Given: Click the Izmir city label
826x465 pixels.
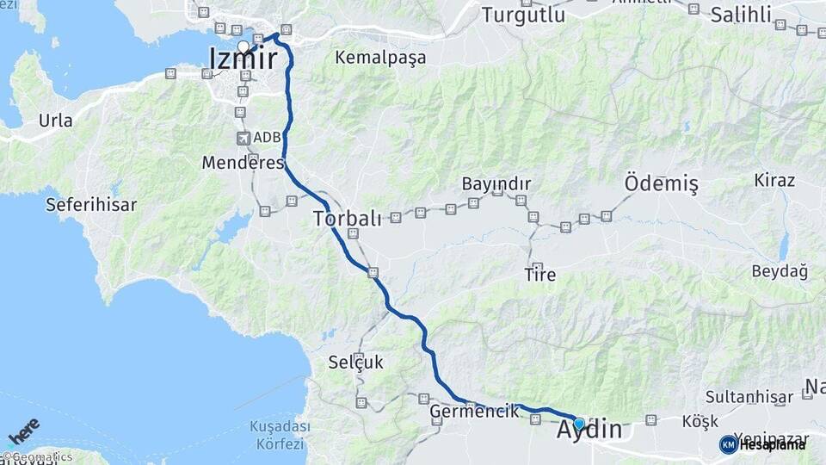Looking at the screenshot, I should [243, 59].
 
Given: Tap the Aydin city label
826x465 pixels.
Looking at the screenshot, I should [589, 430].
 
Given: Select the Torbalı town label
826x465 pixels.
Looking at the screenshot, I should [347, 218].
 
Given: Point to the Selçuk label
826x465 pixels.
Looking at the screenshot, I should [355, 363].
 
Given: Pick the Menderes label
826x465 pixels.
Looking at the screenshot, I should [243, 162].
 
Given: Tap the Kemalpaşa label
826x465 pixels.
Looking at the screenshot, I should [380, 58].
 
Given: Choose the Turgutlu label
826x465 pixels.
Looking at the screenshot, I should [522, 15].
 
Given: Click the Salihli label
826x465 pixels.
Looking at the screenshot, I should [746, 15].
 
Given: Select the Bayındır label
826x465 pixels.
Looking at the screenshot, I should [496, 183].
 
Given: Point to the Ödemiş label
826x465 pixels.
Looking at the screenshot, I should [662, 184].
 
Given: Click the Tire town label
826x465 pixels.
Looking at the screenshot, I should [540, 276].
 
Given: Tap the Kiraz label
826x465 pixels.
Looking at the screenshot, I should [774, 180].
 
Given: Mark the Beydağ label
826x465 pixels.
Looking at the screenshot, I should [780, 272].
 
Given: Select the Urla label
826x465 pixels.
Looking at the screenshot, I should [56, 120].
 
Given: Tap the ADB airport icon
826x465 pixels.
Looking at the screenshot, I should [243, 138].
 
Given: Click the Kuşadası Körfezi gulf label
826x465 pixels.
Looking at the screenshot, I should [277, 435].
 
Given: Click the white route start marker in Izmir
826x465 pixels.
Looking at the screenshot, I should [243, 46].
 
